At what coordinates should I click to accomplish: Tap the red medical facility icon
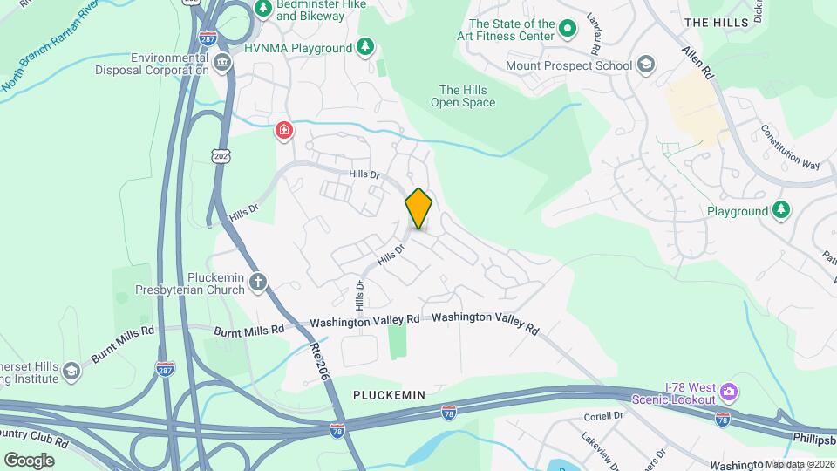coord(284,132)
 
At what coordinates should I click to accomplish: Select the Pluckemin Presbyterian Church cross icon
coord(257,282)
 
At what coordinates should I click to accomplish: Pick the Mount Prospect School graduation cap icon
coord(645,65)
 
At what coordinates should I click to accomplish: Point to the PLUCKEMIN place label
coord(389,395)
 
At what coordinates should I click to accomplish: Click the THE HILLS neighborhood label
coord(717,21)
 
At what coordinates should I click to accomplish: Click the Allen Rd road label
coord(698,64)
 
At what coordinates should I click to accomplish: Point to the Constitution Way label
coord(790,147)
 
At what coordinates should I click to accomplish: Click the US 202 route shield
coord(220,154)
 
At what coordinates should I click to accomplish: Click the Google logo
coord(29,460)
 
